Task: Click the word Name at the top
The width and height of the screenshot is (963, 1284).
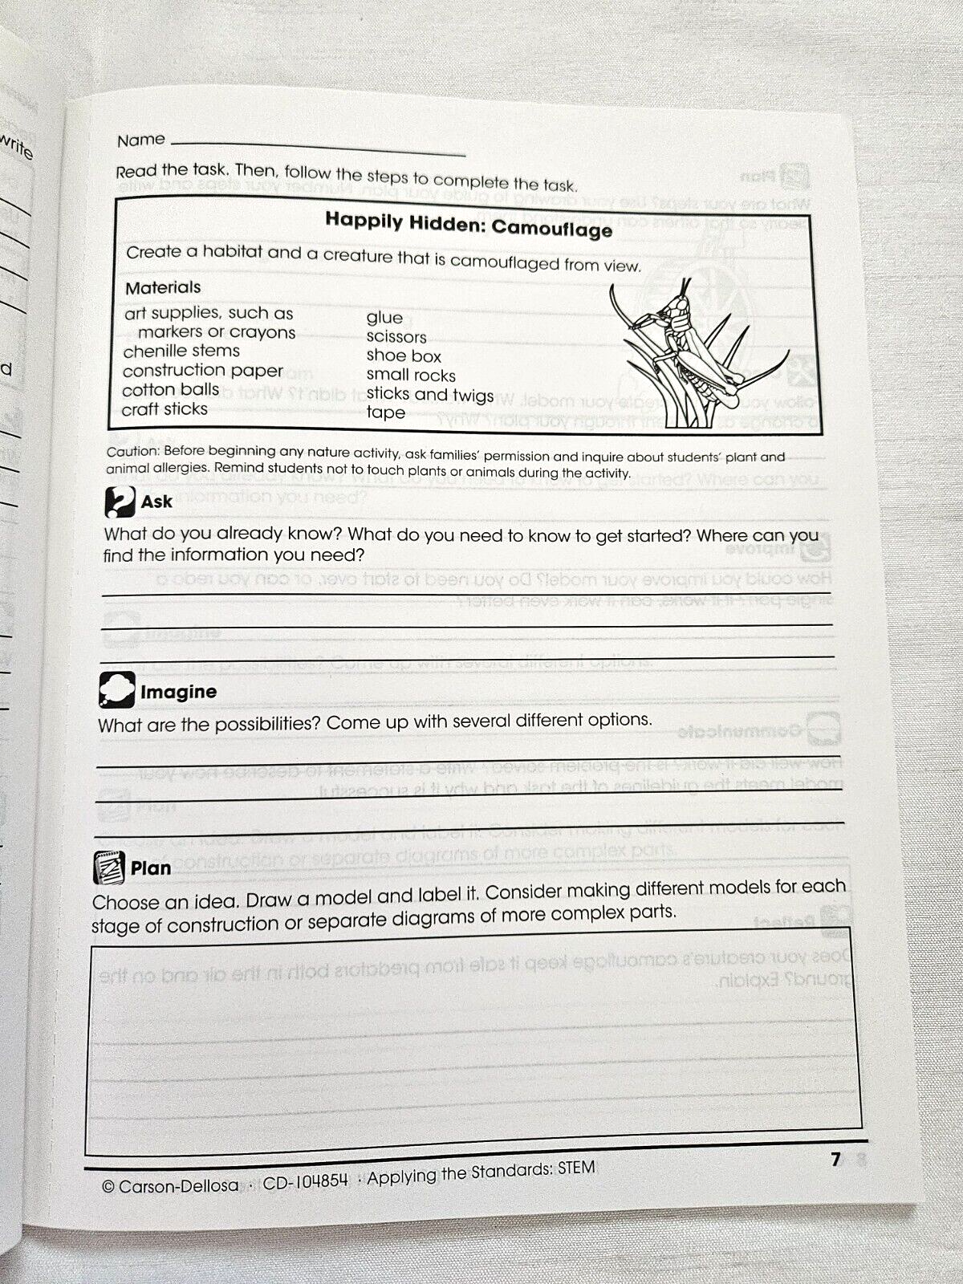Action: click(140, 140)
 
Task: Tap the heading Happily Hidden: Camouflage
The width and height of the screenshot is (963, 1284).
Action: click(468, 225)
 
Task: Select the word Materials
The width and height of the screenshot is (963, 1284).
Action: click(163, 287)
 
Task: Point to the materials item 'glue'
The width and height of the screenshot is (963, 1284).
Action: click(384, 318)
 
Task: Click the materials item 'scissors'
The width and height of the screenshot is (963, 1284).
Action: click(396, 337)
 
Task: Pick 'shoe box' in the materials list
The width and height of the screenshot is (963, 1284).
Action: click(404, 356)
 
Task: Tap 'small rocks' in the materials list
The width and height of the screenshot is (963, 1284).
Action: click(411, 375)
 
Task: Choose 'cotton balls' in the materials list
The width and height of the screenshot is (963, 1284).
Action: click(171, 390)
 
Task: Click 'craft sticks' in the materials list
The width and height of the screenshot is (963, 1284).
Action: click(165, 409)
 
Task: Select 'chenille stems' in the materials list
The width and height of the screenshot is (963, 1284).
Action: click(181, 351)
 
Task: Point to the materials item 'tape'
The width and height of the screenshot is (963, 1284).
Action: click(386, 413)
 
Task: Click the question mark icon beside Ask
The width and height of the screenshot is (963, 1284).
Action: click(119, 502)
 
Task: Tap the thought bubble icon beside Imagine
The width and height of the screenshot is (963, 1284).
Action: click(116, 690)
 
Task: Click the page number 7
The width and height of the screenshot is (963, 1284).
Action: click(835, 1159)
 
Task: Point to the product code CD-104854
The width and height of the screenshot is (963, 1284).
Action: click(306, 1180)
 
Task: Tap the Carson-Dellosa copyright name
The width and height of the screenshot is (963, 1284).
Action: click(178, 1185)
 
